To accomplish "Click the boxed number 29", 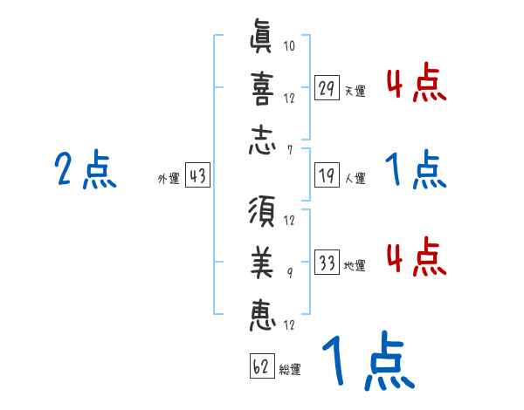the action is (x=327, y=88).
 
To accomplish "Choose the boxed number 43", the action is (x=197, y=175).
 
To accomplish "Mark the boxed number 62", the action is (x=261, y=366).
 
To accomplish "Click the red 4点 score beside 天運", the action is (x=416, y=84).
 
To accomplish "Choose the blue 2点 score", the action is (x=86, y=170).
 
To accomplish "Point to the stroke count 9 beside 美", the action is (x=290, y=271).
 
